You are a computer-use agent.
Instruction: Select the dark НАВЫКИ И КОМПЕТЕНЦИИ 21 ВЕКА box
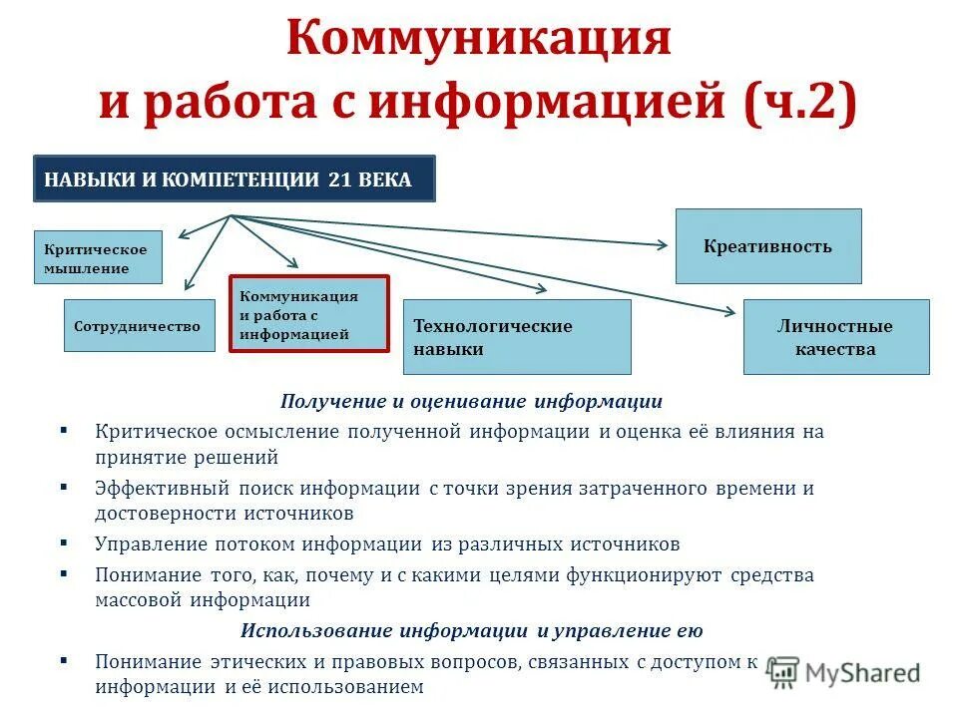point(235,180)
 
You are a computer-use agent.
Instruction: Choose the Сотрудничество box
point(140,326)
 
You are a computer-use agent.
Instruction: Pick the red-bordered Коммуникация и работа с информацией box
point(309,314)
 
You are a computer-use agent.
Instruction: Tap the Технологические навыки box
point(517,337)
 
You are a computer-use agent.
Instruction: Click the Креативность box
point(767,246)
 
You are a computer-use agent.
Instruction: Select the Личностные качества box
point(835,337)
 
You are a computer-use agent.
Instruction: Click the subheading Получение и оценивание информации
point(471,402)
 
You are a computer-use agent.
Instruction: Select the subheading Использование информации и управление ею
point(471,631)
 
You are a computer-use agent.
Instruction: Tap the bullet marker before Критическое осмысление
point(64,431)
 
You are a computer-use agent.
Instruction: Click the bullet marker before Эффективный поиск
point(64,488)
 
